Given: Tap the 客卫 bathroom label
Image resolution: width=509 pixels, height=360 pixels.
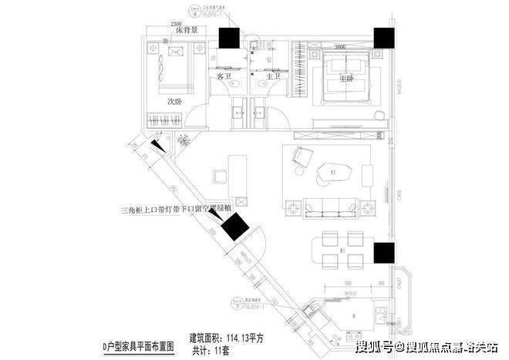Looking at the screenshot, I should pyautogui.click(x=224, y=77).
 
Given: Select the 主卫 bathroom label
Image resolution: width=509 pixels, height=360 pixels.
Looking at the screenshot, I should pyautogui.click(x=272, y=77).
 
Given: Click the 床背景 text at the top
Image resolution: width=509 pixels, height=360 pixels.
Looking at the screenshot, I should pyautogui.click(x=187, y=31).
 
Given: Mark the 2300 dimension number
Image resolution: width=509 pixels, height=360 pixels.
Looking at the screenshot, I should pyautogui.click(x=176, y=23).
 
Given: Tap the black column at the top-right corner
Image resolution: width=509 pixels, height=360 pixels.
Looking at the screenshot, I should pyautogui.click(x=383, y=39).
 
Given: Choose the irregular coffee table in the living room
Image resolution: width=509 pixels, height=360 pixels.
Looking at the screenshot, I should pyautogui.click(x=335, y=170).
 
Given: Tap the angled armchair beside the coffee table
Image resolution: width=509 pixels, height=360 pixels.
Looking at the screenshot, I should pyautogui.click(x=299, y=160).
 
